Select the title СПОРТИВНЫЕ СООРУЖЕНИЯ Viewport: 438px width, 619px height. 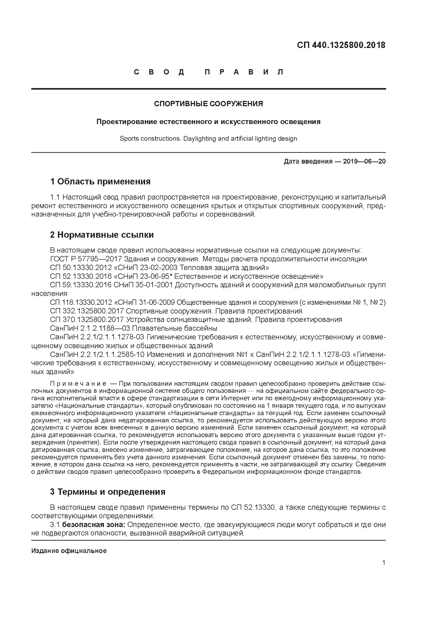coord(208,104)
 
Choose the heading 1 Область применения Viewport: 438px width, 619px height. coord(100,181)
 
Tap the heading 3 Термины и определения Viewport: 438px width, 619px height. coord(107,492)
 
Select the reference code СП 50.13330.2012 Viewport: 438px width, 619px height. coord(80,268)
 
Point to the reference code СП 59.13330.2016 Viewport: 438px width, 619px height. coord(80,285)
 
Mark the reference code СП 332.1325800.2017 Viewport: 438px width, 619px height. coord(87,311)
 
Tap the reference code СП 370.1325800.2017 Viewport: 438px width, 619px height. coord(87,320)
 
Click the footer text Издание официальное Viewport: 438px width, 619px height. coord(69,551)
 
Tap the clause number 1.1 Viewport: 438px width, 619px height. coord(55,197)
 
